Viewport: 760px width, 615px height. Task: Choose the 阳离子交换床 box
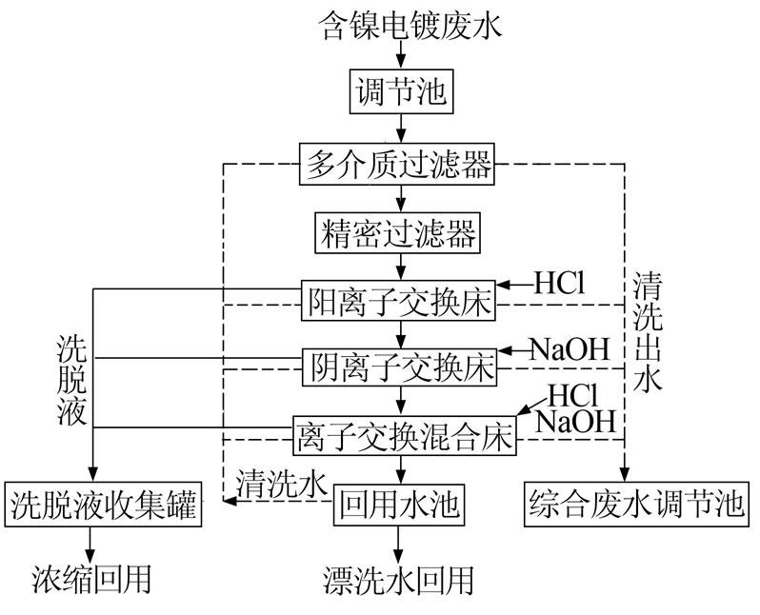[400, 302]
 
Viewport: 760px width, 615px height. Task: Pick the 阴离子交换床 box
[400, 367]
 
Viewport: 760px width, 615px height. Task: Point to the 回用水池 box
[398, 505]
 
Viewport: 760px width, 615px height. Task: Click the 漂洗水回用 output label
[397, 578]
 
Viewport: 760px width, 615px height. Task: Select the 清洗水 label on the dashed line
[282, 483]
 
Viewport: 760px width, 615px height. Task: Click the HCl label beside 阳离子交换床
[558, 283]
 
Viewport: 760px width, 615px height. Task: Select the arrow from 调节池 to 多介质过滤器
[399, 129]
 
